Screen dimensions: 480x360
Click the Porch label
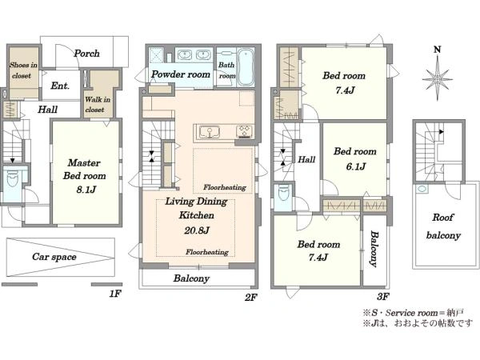click(86, 54)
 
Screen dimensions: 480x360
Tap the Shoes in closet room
click(23, 72)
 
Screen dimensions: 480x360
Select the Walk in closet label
click(98, 104)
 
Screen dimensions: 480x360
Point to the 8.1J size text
click(86, 190)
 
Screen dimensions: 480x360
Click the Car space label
click(54, 257)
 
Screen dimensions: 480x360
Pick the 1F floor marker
click(115, 294)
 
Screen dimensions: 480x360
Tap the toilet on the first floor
click(13, 179)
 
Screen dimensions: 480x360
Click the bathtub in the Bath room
click(246, 67)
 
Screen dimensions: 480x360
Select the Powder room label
click(181, 74)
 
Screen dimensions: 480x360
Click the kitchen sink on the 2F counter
click(210, 133)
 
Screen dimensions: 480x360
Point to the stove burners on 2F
click(244, 132)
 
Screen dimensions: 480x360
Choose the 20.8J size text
click(197, 230)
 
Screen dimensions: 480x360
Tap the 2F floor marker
click(250, 297)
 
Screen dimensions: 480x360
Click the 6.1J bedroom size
click(356, 166)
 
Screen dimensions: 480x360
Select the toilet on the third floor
click(283, 193)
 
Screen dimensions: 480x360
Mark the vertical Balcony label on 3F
click(374, 249)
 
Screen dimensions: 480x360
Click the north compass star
click(438, 79)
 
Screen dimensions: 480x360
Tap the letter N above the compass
click(438, 50)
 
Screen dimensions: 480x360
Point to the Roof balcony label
click(443, 226)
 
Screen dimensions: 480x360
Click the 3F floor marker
click(383, 296)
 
